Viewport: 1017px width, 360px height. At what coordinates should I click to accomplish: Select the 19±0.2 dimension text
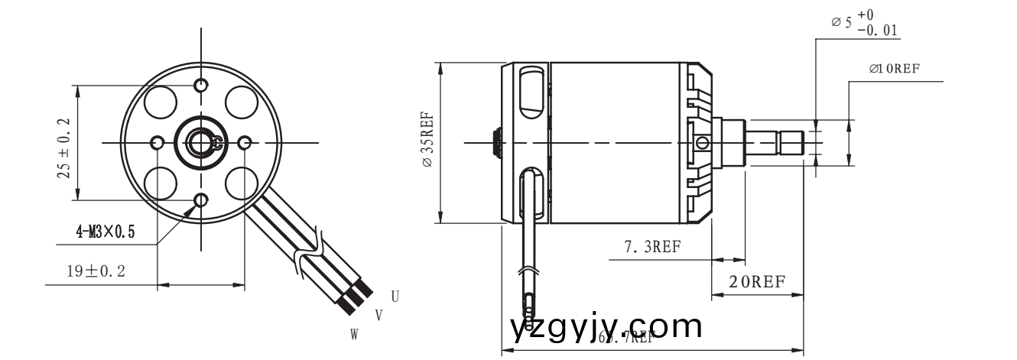click(95, 271)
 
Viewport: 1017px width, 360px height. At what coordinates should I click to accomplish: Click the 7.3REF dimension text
click(652, 247)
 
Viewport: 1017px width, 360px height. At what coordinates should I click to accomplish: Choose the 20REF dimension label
click(756, 281)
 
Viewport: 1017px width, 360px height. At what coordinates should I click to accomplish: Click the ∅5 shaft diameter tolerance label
click(864, 24)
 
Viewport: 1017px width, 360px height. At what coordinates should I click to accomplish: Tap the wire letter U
click(395, 296)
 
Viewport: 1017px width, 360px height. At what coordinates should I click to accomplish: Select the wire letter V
click(379, 314)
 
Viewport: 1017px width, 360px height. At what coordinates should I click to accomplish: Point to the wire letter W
click(354, 334)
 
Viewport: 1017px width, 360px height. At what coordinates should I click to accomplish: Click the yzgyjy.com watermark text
click(604, 327)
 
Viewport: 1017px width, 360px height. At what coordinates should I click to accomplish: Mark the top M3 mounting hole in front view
click(202, 84)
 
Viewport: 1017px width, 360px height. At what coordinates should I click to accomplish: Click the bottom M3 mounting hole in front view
click(202, 201)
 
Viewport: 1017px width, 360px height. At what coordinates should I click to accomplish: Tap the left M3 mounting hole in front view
click(158, 143)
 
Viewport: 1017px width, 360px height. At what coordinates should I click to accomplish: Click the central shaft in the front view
click(201, 143)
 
